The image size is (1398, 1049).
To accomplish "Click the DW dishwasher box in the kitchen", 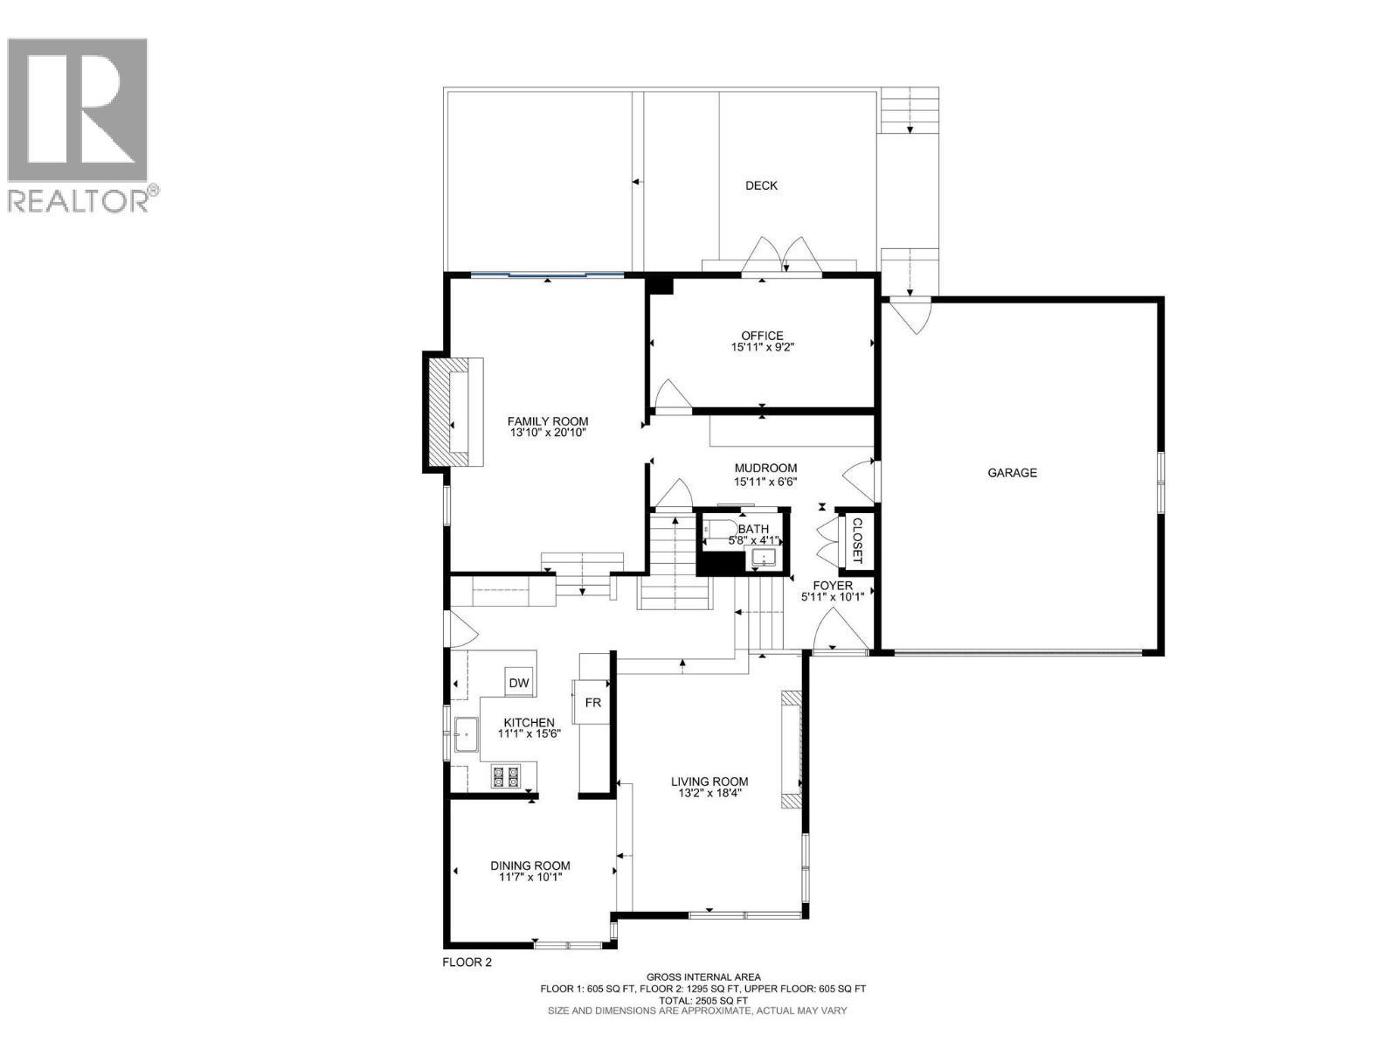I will point(519,684).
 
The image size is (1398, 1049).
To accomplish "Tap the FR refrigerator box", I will point(592,702).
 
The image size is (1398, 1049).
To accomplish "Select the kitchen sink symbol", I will point(465,734).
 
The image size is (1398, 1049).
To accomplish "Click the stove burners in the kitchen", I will point(505,776).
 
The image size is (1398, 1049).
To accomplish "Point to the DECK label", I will point(761,185).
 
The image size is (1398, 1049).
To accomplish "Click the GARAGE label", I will point(1012,473).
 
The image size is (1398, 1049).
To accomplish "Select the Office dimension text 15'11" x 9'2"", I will point(762,347).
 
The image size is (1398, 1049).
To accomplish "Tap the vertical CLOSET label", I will point(856,540).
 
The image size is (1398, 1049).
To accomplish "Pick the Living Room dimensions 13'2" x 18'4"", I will point(709,794).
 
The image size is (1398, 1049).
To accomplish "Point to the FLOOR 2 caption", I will point(467,962).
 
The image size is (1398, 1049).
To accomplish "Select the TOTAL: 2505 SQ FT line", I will point(702,1000).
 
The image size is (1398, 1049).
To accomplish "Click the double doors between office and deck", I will point(783,258).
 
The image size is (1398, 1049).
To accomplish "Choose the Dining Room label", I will point(530,865).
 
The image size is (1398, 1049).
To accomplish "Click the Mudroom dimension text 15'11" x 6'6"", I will point(765,481).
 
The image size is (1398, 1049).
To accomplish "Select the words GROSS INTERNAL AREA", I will point(702,977).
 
